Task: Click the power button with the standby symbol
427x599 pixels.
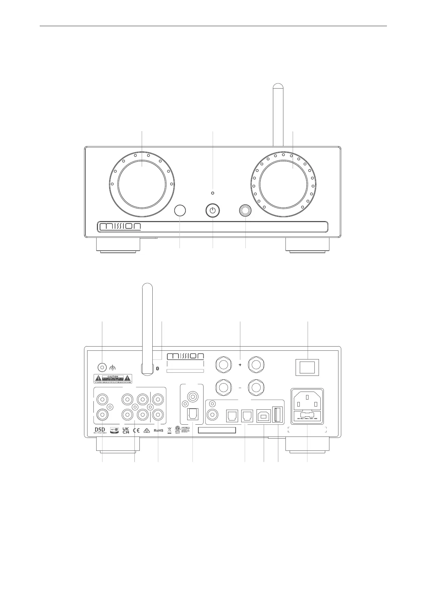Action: pyautogui.click(x=213, y=210)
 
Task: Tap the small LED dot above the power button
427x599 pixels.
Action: pyautogui.click(x=213, y=193)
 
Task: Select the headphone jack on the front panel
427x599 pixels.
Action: pyautogui.click(x=245, y=210)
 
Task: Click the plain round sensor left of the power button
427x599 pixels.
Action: pyautogui.click(x=180, y=210)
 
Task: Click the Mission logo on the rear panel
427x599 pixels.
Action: pyautogui.click(x=186, y=356)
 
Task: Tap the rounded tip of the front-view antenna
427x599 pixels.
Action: pyautogui.click(x=278, y=87)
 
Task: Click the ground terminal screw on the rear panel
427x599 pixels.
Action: pyautogui.click(x=102, y=367)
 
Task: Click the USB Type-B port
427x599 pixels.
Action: pyautogui.click(x=264, y=415)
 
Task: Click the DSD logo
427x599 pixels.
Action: pyautogui.click(x=100, y=430)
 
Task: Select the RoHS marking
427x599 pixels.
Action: pyautogui.click(x=159, y=430)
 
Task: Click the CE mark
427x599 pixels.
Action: pyautogui.click(x=136, y=430)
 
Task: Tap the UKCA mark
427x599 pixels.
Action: pyautogui.click(x=126, y=430)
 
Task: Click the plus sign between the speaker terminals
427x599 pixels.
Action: pyautogui.click(x=240, y=365)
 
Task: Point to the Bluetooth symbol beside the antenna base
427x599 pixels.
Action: pyautogui.click(x=157, y=368)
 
